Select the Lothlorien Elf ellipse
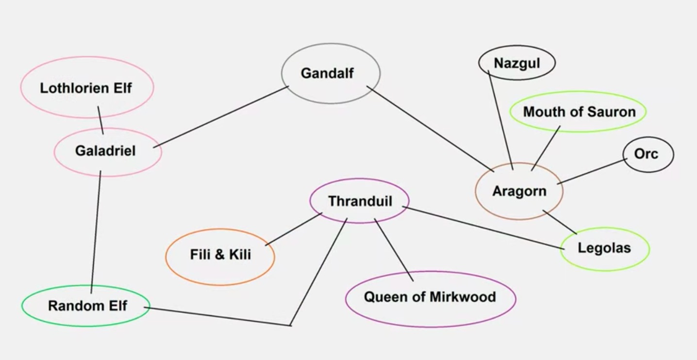coord(86,88)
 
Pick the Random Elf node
coord(86,306)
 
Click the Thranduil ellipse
coord(360,201)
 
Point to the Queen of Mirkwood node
coord(430,297)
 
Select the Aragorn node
coord(519,191)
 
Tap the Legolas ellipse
coord(604,248)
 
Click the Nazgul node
coord(516,63)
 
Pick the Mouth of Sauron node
coord(579,112)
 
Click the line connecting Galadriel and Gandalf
coord(221,116)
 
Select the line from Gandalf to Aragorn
coord(430,129)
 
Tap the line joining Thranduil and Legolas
coord(483,228)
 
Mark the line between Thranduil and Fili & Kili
coord(294,229)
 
